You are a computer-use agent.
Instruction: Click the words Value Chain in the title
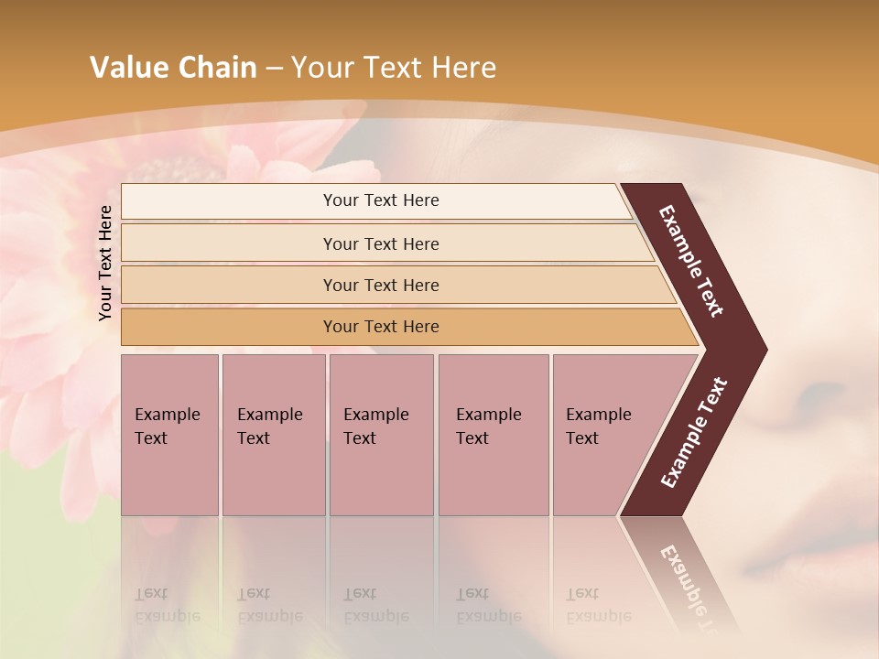point(173,68)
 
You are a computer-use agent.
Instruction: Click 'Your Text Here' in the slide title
point(394,68)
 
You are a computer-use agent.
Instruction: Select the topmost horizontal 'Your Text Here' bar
point(381,200)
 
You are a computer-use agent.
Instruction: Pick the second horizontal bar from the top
point(381,243)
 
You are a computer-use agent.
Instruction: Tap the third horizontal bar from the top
point(381,285)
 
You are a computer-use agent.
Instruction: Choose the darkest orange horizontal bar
point(381,327)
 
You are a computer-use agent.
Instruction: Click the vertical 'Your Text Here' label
point(105,263)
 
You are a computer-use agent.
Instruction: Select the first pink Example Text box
point(169,434)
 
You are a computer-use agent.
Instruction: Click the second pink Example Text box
point(273,434)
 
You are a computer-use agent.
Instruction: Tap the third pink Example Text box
point(381,434)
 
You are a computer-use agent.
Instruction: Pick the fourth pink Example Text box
point(493,434)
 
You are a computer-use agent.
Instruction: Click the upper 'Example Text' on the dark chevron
point(692,261)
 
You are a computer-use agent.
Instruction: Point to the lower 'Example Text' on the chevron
point(694,432)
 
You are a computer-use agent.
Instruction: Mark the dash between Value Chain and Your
point(274,69)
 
